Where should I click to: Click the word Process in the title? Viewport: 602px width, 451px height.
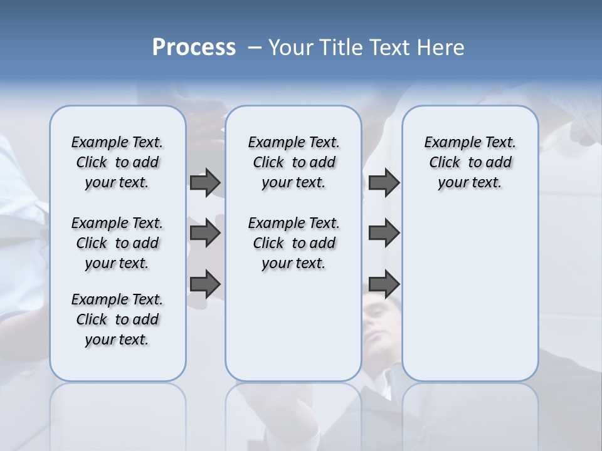click(x=194, y=48)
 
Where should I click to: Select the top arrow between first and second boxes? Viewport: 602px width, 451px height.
click(x=205, y=182)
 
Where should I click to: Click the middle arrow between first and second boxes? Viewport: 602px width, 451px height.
click(x=205, y=234)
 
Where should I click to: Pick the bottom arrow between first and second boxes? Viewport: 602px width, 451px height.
click(x=205, y=284)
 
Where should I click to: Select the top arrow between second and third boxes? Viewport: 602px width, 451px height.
click(x=384, y=182)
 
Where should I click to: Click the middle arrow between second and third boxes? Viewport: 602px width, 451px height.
click(x=384, y=234)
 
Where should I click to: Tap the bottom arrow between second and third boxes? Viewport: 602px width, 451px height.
click(x=384, y=284)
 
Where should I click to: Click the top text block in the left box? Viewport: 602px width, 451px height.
click(x=117, y=162)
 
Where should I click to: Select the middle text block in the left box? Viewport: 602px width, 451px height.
click(x=117, y=243)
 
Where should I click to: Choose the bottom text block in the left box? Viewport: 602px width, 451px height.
click(x=117, y=319)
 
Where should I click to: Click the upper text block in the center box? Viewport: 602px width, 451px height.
click(x=293, y=162)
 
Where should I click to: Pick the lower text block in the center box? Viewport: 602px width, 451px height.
click(x=293, y=243)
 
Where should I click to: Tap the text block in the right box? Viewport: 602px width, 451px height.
click(x=470, y=162)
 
